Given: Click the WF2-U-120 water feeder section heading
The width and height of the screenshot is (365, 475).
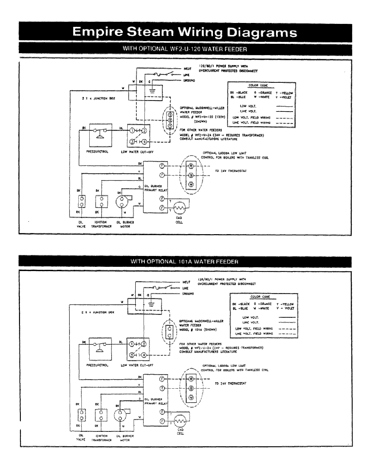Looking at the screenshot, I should (x=185, y=49).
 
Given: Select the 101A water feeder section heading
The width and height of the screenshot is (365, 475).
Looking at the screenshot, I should (x=185, y=261).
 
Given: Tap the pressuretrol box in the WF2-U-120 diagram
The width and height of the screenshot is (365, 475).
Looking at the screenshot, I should (x=101, y=135).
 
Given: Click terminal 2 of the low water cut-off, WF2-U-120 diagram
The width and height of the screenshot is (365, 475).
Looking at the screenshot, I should (x=144, y=131).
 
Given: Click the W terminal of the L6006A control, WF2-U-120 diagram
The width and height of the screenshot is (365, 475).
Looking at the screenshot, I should (x=191, y=185).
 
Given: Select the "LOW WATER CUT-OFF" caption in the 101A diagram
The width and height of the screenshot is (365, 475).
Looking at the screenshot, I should (x=137, y=365).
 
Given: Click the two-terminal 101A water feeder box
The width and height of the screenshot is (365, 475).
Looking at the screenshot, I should (x=170, y=332).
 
